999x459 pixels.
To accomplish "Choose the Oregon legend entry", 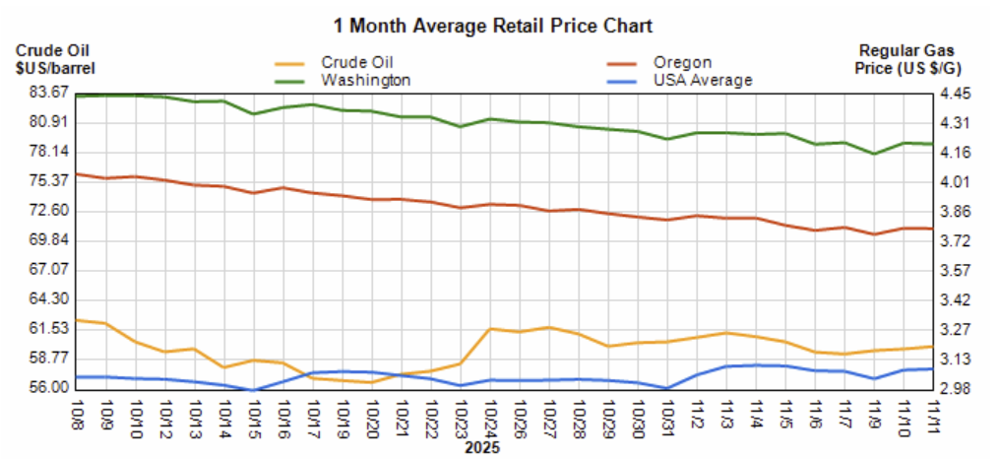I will [x=682, y=62].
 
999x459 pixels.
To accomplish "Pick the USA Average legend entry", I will [x=702, y=80].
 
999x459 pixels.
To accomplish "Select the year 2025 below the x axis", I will [x=482, y=447].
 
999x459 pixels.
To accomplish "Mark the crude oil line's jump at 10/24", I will [x=491, y=328].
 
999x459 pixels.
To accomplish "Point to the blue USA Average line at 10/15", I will [x=254, y=390].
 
